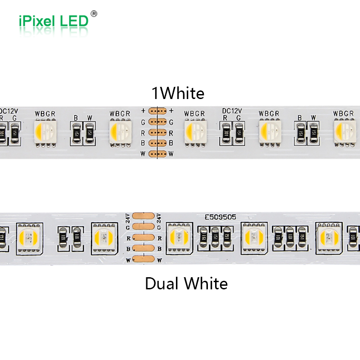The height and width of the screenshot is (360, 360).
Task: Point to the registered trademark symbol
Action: (94, 13)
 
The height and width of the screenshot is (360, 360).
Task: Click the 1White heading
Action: (178, 93)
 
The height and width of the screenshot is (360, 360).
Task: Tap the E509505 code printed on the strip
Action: (220, 217)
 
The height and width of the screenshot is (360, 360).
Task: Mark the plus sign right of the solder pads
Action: (171, 111)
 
